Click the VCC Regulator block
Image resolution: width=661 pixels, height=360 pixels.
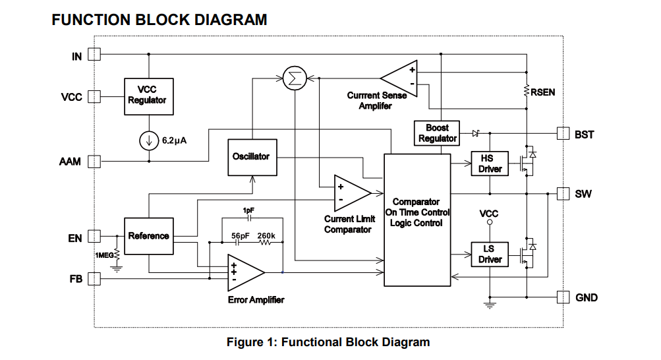click(x=149, y=96)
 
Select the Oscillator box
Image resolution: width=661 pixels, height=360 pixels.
click(x=252, y=157)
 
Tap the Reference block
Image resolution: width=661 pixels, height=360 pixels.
click(x=149, y=236)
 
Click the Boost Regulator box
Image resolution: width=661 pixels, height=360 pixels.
click(x=437, y=133)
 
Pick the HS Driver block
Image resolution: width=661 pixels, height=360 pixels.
click(x=490, y=164)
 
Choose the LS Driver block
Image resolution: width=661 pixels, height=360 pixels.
click(x=490, y=255)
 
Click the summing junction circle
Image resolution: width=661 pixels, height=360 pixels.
click(x=295, y=78)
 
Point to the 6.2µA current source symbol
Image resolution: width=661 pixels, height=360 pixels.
click(x=149, y=141)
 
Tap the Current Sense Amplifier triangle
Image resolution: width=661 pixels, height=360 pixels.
click(x=399, y=78)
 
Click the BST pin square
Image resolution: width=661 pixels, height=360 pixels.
click(x=563, y=134)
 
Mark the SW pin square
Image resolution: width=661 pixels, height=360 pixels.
click(x=563, y=194)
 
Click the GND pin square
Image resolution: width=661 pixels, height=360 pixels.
click(x=563, y=297)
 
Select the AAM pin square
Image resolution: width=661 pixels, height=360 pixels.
click(x=94, y=162)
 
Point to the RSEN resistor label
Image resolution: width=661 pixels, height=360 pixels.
click(x=542, y=92)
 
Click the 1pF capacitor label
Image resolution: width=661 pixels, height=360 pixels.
click(x=248, y=210)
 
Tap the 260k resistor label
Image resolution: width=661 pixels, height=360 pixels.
click(x=266, y=235)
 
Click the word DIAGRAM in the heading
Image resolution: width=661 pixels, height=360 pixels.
click(x=230, y=20)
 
